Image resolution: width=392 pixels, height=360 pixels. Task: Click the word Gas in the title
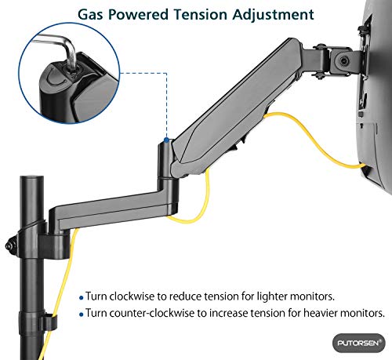(x=90, y=14)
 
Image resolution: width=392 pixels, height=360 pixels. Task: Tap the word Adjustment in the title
(x=273, y=15)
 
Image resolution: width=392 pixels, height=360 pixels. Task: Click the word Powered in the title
(x=138, y=14)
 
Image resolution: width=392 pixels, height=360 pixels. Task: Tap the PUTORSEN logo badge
(x=359, y=343)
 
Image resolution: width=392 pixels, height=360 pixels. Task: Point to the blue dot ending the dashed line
(x=166, y=140)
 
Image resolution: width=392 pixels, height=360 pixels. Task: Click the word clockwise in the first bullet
(x=132, y=296)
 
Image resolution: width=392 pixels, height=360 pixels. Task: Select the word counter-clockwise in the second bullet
(x=152, y=313)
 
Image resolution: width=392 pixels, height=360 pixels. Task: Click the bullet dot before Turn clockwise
(x=81, y=297)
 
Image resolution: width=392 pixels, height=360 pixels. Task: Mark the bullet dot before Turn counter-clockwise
(x=81, y=314)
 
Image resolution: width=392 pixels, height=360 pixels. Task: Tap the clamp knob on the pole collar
(x=10, y=245)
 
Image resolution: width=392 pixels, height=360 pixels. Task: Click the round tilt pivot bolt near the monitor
(x=343, y=61)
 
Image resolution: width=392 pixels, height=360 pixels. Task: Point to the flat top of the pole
(x=31, y=177)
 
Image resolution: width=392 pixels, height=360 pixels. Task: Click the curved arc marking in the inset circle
(x=56, y=78)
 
